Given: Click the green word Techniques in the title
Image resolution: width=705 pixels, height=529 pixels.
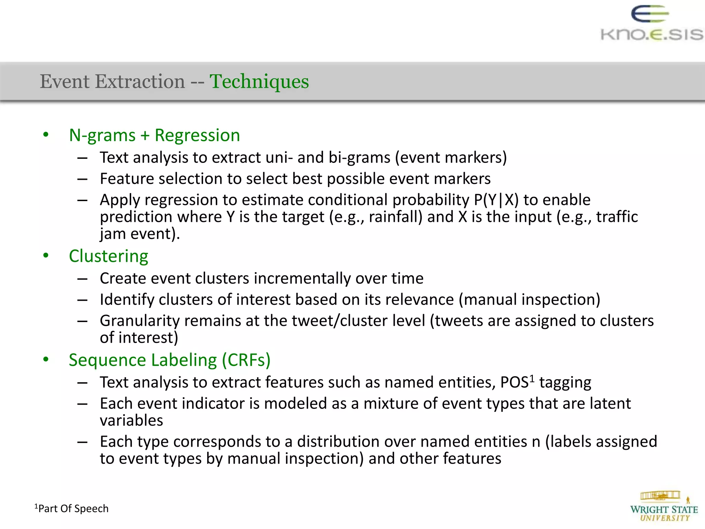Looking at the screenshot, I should click(x=259, y=82).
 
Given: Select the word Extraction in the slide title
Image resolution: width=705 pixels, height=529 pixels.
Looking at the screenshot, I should click(x=140, y=82).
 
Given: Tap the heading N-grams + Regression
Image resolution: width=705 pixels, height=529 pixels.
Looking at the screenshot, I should click(x=154, y=135).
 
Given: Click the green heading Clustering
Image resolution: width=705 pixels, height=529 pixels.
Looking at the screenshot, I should click(x=108, y=256).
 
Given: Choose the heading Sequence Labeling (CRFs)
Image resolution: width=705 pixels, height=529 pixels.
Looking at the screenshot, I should click(x=169, y=360).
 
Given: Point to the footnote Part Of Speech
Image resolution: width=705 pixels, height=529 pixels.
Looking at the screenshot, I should click(x=72, y=508).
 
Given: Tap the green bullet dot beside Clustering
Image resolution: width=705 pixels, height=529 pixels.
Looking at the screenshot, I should click(x=46, y=256).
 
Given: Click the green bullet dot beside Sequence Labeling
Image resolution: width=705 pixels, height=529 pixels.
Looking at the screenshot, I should click(x=46, y=360).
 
